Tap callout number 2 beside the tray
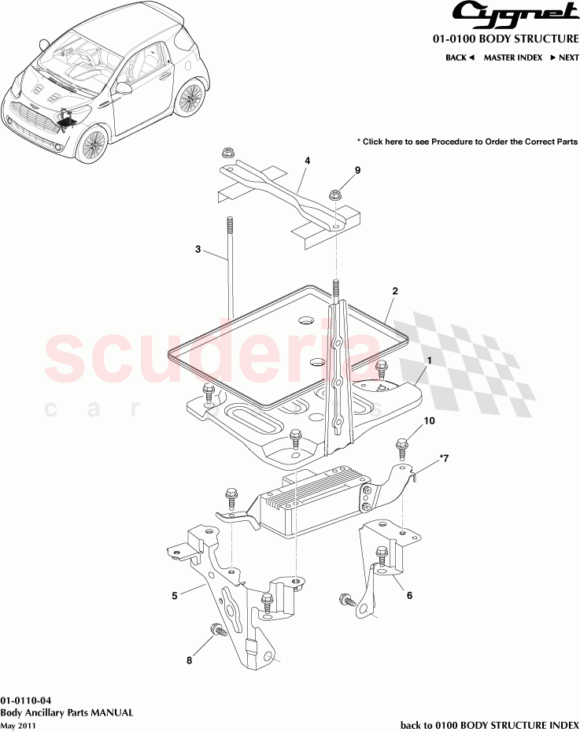pyautogui.click(x=395, y=291)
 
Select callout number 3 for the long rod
pyautogui.click(x=198, y=250)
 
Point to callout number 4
pyautogui.click(x=307, y=161)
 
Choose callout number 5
pyautogui.click(x=175, y=595)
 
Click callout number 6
pyautogui.click(x=409, y=596)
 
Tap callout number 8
pyautogui.click(x=189, y=661)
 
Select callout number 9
pyautogui.click(x=356, y=170)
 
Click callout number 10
pyautogui.click(x=429, y=421)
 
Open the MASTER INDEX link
pyautogui.click(x=512, y=57)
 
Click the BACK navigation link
pyautogui.click(x=460, y=57)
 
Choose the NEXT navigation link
pyautogui.click(x=563, y=57)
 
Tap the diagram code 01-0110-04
pyautogui.click(x=27, y=700)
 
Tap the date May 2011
pyautogui.click(x=18, y=725)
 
